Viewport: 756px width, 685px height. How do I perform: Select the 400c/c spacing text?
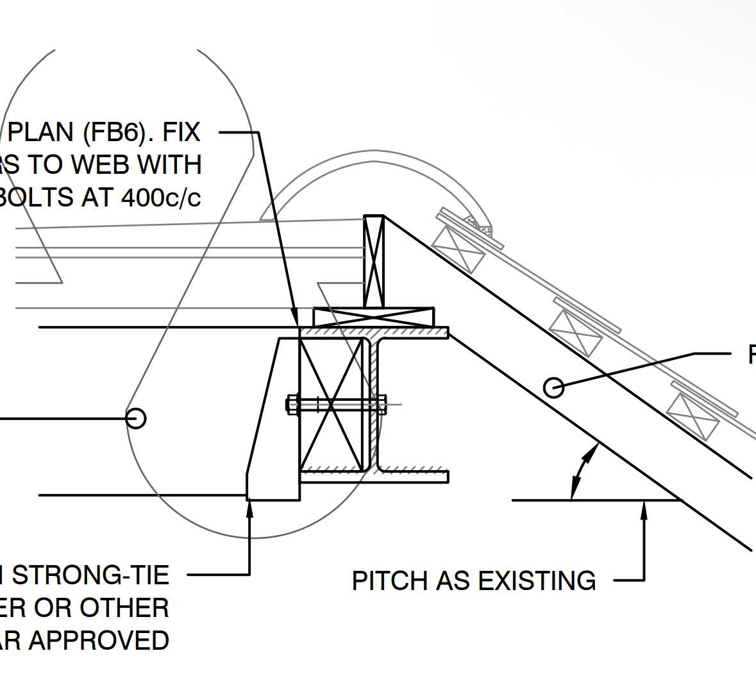click(161, 198)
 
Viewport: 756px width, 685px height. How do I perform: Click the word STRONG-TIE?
click(90, 575)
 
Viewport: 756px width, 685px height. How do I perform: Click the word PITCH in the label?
click(391, 581)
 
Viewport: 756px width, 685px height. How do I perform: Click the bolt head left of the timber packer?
click(291, 405)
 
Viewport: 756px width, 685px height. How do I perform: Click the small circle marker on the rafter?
click(553, 387)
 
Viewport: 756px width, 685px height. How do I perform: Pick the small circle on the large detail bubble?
click(135, 418)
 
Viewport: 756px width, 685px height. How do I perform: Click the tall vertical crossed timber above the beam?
click(374, 261)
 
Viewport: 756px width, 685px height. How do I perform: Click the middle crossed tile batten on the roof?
click(576, 332)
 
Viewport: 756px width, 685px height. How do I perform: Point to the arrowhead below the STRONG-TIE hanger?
click(249, 507)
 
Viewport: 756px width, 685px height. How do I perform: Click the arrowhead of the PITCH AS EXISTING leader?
click(644, 507)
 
